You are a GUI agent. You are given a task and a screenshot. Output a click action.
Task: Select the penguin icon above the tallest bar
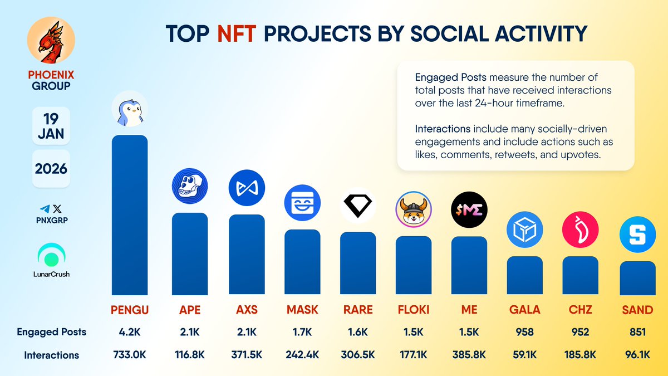(130, 109)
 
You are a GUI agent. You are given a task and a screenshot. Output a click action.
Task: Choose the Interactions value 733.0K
(130, 355)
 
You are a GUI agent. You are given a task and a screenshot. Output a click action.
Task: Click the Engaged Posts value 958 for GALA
(524, 332)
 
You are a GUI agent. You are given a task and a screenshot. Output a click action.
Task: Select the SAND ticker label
(637, 310)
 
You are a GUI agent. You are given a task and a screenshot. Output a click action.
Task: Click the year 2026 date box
(51, 168)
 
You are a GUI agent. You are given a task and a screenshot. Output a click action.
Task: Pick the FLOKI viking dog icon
(414, 210)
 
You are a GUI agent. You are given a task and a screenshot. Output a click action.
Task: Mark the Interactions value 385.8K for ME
(469, 355)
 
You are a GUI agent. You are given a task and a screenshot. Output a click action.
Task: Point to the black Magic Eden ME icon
(469, 209)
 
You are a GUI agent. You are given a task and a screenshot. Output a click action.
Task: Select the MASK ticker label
(302, 310)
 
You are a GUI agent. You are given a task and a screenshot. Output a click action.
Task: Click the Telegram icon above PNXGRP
(45, 209)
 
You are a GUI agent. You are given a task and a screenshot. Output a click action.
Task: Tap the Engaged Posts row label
(51, 332)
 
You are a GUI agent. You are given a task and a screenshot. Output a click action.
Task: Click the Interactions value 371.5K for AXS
(246, 355)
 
